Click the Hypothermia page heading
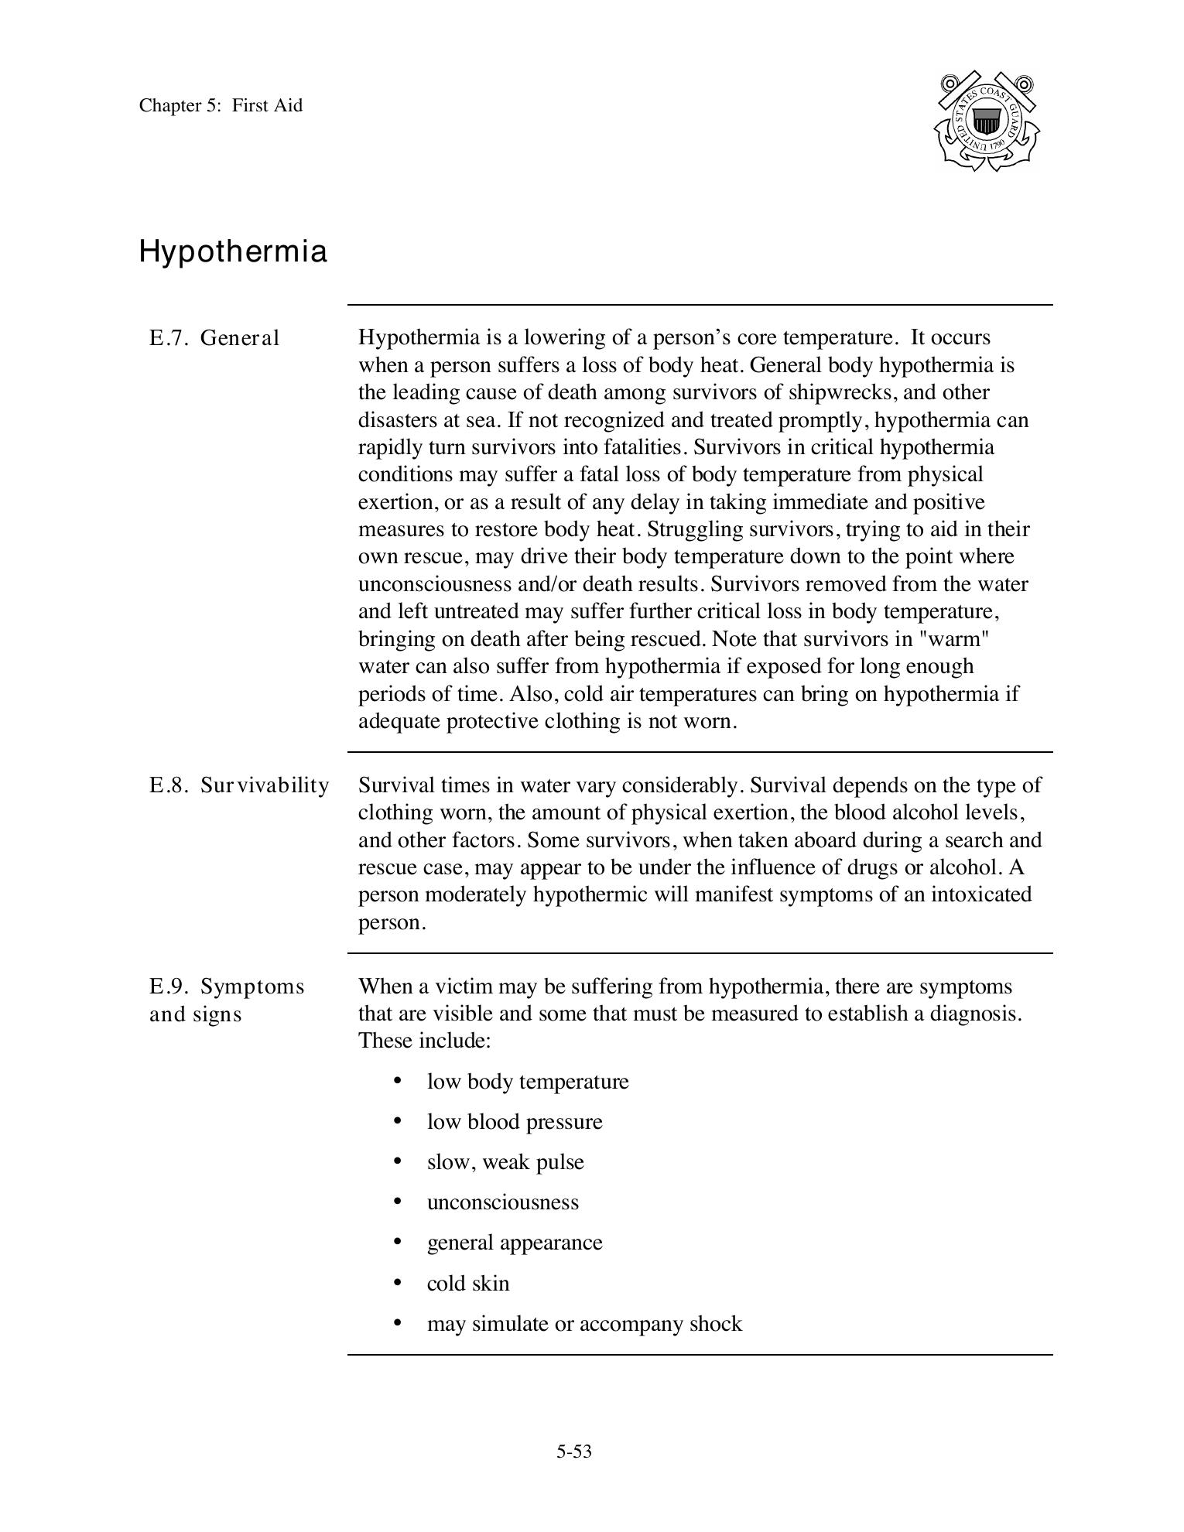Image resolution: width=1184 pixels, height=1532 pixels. point(233,252)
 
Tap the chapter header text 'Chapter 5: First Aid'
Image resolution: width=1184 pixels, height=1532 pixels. point(221,105)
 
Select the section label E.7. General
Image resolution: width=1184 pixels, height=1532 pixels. point(214,338)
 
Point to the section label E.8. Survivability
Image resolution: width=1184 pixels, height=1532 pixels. point(239,785)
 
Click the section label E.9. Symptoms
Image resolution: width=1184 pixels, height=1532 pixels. point(227,987)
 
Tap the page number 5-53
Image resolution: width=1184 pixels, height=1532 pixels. point(573,1452)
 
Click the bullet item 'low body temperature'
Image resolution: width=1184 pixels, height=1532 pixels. point(528,1082)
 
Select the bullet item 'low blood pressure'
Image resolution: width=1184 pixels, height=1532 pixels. point(515,1122)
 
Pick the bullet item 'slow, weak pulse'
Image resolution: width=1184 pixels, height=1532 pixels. point(505,1162)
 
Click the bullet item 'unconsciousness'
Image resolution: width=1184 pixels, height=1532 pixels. point(503,1202)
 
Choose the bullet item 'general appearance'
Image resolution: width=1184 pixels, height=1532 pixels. point(515,1243)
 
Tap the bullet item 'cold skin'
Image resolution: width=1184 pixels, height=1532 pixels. point(468,1284)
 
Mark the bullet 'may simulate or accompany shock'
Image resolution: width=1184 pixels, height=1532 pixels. point(584,1324)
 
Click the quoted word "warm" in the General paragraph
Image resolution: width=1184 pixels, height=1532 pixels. point(960,639)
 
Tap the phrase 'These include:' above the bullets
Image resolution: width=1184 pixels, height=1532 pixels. point(425,1041)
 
